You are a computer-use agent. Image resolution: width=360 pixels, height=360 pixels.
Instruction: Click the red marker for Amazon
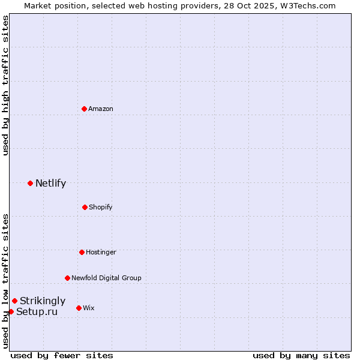pyautogui.click(x=84, y=109)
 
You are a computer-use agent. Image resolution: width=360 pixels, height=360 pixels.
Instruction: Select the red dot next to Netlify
pyautogui.click(x=30, y=183)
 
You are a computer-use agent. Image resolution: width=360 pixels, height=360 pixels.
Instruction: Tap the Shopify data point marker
pyautogui.click(x=85, y=207)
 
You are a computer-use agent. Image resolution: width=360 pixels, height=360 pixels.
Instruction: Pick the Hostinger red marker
pyautogui.click(x=82, y=252)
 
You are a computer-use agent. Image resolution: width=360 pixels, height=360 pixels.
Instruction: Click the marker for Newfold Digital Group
pyautogui.click(x=67, y=278)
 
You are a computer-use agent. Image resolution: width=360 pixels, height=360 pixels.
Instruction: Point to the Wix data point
pyautogui.click(x=79, y=308)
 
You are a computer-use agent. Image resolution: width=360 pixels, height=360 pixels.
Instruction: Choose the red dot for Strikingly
pyautogui.click(x=14, y=301)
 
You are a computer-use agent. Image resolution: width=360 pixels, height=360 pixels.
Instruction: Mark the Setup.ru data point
pyautogui.click(x=11, y=311)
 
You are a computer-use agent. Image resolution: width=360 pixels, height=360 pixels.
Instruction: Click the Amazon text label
pyautogui.click(x=101, y=109)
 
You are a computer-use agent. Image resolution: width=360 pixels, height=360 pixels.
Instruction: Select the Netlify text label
pyautogui.click(x=50, y=184)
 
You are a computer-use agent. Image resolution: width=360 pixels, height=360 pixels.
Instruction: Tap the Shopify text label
pyautogui.click(x=100, y=207)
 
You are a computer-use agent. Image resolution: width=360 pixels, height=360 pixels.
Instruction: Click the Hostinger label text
pyautogui.click(x=101, y=252)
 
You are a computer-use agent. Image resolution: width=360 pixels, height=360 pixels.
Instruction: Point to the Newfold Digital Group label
pyautogui.click(x=106, y=278)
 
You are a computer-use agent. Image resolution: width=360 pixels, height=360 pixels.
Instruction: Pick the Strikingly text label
pyautogui.click(x=43, y=301)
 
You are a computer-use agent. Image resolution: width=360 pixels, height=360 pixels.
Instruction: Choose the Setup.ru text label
pyautogui.click(x=37, y=312)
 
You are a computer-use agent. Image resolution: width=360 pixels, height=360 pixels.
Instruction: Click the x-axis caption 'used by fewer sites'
pyautogui.click(x=62, y=355)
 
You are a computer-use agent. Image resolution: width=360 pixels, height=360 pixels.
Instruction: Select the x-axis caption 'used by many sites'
pyautogui.click(x=301, y=355)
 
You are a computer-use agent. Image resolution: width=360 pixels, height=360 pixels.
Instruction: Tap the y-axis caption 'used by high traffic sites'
pyautogui.click(x=5, y=85)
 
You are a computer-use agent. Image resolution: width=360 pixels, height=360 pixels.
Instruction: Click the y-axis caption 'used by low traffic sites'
pyautogui.click(x=5, y=281)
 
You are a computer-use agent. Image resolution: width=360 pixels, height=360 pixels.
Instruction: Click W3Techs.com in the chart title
pyautogui.click(x=307, y=5)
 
